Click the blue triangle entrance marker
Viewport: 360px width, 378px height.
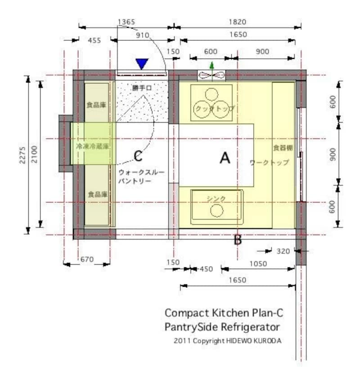tap(142, 64)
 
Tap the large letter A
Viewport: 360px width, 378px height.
tap(225, 158)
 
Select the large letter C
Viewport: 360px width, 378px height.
tap(139, 156)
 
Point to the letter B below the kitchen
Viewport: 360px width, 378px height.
tap(238, 240)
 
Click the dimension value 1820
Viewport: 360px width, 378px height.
tap(237, 21)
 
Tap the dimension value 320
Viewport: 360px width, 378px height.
tap(283, 251)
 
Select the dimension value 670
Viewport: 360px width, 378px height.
tap(87, 259)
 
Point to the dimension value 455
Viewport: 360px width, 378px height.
tap(94, 40)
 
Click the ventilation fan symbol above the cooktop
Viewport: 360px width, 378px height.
tap(211, 75)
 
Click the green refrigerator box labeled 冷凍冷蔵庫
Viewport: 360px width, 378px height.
tap(92, 147)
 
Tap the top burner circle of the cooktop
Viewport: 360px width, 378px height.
tap(211, 93)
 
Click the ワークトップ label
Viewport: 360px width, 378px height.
tap(269, 162)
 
